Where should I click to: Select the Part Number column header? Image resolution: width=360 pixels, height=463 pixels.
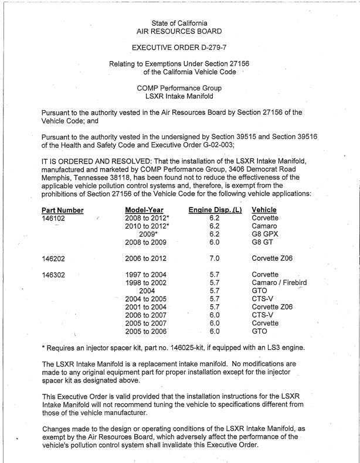point(63,210)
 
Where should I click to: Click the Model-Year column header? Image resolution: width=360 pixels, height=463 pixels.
point(145,210)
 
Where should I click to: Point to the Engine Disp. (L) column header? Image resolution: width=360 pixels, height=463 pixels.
point(215,210)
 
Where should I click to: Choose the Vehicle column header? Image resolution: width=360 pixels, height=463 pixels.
point(264,210)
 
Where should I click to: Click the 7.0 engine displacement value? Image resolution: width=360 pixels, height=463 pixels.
point(214,258)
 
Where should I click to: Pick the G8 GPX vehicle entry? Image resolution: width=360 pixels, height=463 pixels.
point(264,234)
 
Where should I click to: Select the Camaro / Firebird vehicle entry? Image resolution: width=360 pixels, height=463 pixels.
point(279,282)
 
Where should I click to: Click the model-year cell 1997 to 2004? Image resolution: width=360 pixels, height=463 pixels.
point(146,274)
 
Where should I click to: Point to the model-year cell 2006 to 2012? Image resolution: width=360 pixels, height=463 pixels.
point(146,258)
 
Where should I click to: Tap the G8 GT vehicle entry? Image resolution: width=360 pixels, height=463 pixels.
point(262,242)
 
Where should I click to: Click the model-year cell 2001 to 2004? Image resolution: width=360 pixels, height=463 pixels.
point(146,307)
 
